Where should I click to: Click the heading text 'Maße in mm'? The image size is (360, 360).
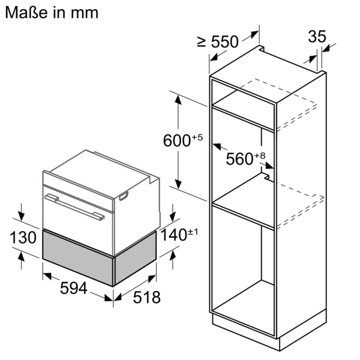[x=51, y=12]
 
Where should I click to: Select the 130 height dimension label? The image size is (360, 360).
[x=23, y=238]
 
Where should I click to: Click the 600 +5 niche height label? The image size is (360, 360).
[x=183, y=141]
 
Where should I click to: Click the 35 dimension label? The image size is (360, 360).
[x=316, y=37]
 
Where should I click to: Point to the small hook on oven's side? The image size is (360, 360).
[x=125, y=195]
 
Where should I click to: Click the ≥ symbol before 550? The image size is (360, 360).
[x=201, y=41]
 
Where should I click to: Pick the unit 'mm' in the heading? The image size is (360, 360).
[x=85, y=13]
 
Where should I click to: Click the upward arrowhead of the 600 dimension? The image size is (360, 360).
[x=178, y=97]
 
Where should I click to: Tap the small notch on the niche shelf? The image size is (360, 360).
[x=264, y=175]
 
